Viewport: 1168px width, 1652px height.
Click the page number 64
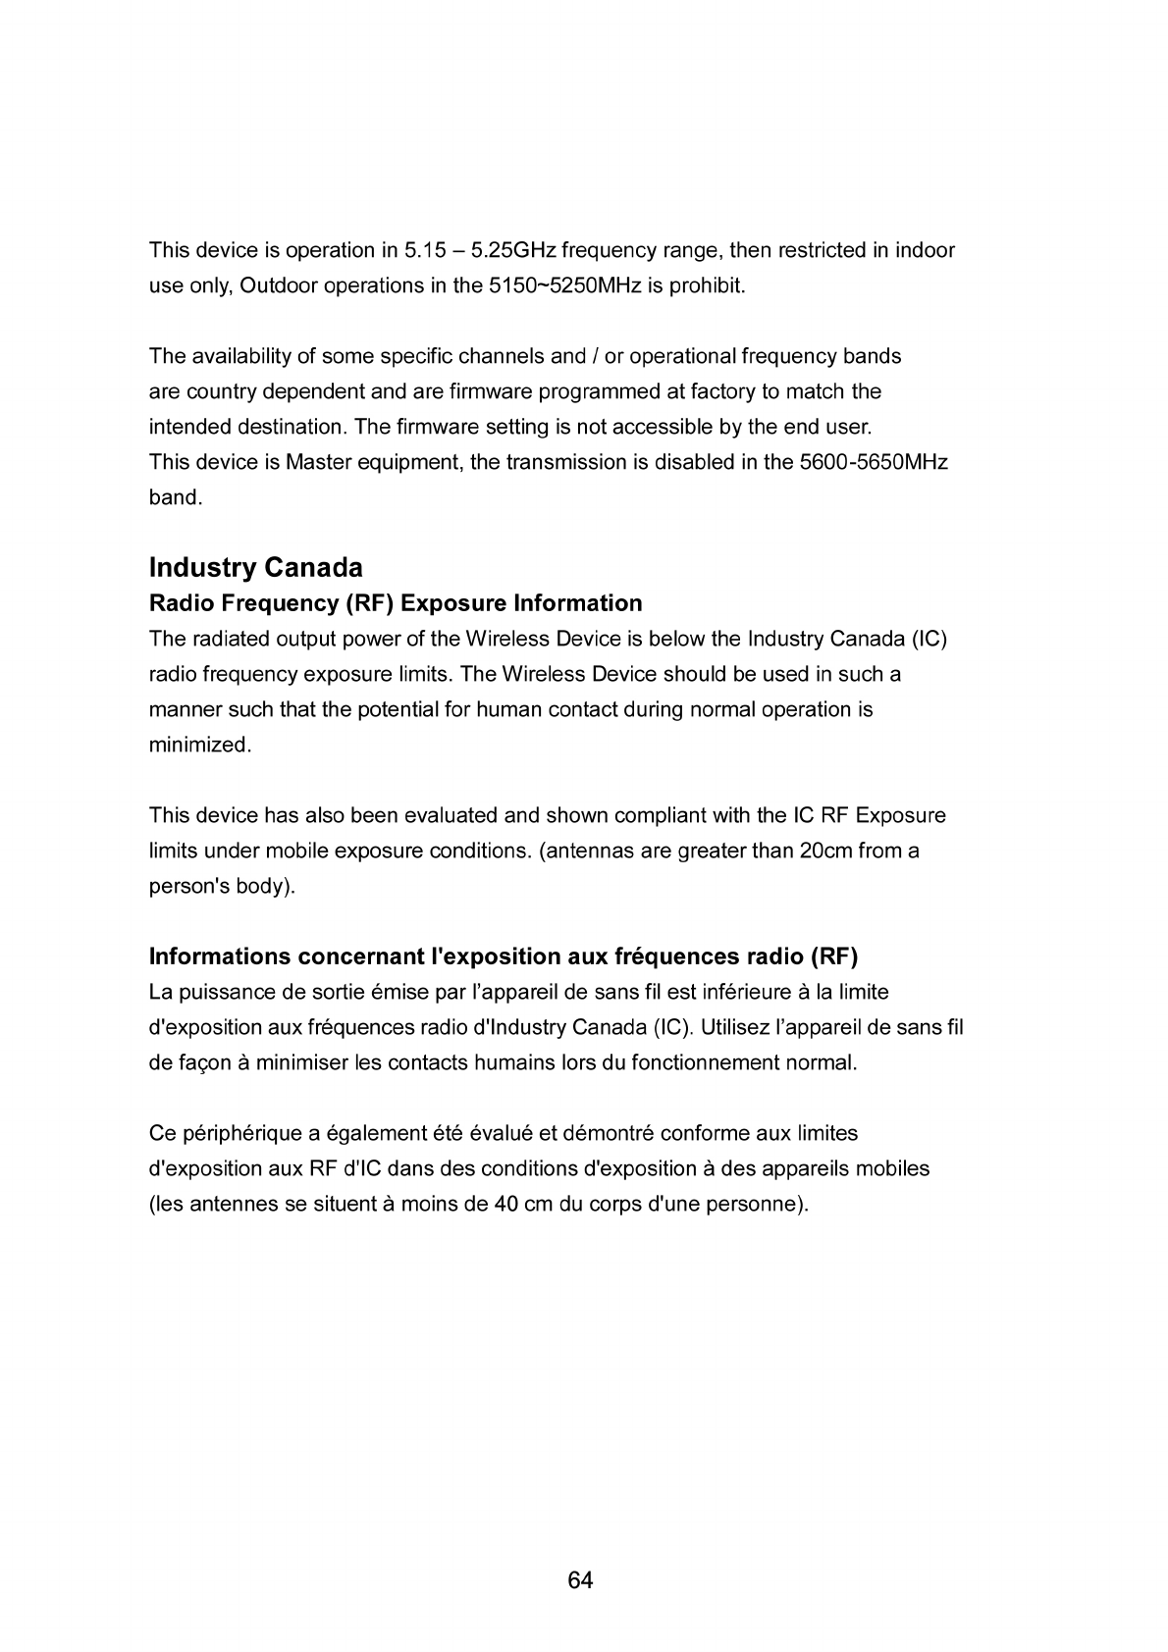580,1580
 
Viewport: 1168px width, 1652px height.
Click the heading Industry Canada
255,568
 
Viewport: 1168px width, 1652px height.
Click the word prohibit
712,285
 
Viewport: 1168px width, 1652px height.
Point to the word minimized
200,745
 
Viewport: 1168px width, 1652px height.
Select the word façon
202,1062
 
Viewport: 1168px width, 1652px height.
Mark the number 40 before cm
506,1204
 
